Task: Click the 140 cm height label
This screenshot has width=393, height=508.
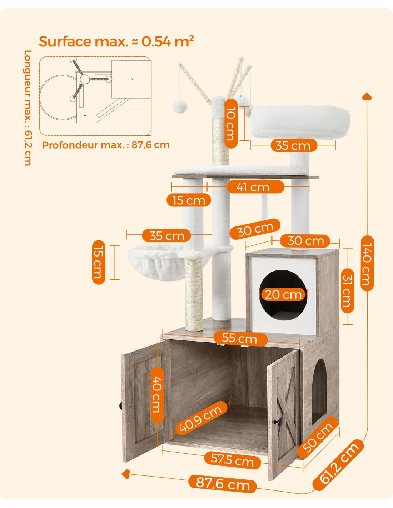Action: point(367,264)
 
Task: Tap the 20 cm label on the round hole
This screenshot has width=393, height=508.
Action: point(283,294)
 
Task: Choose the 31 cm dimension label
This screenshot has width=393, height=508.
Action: point(347,291)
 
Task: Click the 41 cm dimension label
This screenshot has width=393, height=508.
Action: point(255,187)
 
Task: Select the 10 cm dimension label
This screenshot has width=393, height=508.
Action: point(231,124)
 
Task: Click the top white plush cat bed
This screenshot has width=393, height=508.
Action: point(300,122)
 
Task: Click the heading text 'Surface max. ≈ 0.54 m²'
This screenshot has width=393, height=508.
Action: point(116,41)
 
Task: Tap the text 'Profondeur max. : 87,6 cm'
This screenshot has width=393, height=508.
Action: point(106,145)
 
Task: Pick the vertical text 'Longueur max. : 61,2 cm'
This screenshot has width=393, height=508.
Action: point(28,108)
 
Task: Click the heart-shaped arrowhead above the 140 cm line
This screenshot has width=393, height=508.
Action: point(367,96)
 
